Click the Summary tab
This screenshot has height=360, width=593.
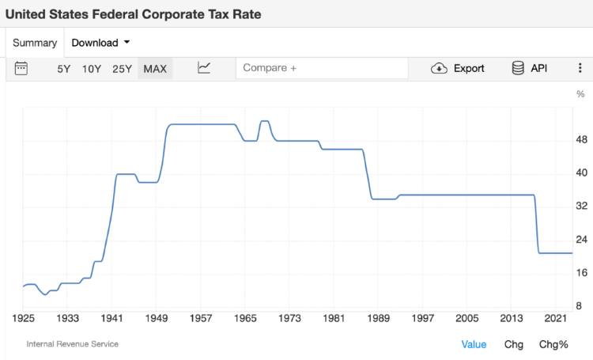(35, 43)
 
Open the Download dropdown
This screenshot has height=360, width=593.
(100, 43)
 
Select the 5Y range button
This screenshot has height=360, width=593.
(64, 69)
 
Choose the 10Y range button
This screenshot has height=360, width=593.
(92, 69)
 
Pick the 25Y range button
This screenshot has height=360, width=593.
(122, 69)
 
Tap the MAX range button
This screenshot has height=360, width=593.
(155, 69)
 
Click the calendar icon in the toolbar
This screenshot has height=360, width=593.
(21, 68)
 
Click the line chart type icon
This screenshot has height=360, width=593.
(204, 68)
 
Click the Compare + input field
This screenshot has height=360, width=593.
(322, 68)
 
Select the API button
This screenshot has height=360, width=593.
(530, 68)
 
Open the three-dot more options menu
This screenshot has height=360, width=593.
(580, 68)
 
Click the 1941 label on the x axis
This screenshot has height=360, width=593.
(112, 318)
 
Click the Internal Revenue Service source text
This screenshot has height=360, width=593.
(73, 344)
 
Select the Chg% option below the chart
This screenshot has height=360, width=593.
(553, 344)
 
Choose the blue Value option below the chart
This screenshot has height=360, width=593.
(474, 344)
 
